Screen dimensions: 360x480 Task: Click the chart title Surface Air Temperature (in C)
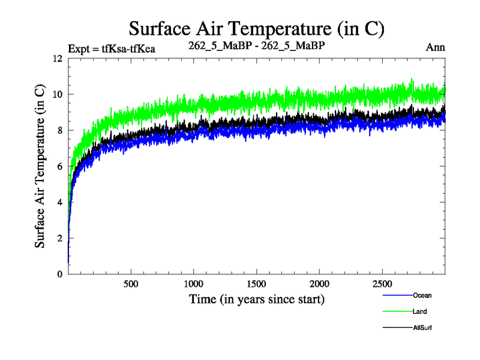256,28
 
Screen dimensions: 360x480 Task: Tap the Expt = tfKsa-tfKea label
112,49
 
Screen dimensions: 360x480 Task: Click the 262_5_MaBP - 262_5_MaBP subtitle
257,46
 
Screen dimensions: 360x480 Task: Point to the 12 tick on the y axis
58,59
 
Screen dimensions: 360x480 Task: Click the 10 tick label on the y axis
58,95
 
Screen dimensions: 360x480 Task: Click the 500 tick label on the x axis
131,284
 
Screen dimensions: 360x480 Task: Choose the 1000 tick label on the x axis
194,284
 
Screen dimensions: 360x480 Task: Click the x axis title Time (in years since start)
257,298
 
